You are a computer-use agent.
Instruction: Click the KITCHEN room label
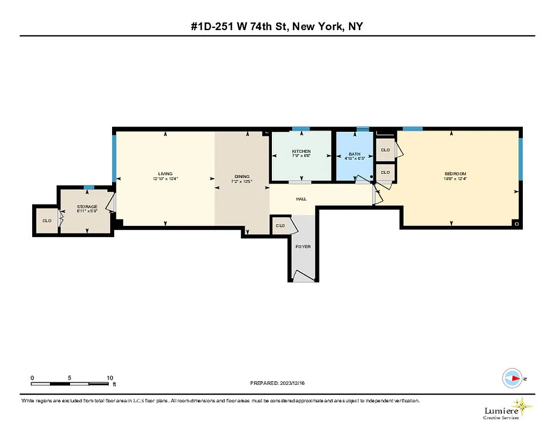301,151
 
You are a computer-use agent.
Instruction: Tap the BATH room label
354,154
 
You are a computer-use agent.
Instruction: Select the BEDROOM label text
455,174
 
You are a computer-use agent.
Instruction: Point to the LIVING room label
165,174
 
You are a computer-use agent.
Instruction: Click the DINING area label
242,177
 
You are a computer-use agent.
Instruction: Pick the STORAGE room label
87,206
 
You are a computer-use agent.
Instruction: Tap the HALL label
301,199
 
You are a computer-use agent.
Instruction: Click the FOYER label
303,247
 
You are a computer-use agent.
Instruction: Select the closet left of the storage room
47,220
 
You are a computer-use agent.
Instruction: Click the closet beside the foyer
280,226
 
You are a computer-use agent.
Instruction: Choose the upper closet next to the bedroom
385,150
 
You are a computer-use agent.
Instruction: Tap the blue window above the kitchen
301,129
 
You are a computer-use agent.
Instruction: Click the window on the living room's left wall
114,158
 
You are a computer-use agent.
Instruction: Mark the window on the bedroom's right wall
520,159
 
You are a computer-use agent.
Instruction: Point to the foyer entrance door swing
304,276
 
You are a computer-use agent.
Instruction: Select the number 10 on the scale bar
109,378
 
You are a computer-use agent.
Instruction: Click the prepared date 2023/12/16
293,383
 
